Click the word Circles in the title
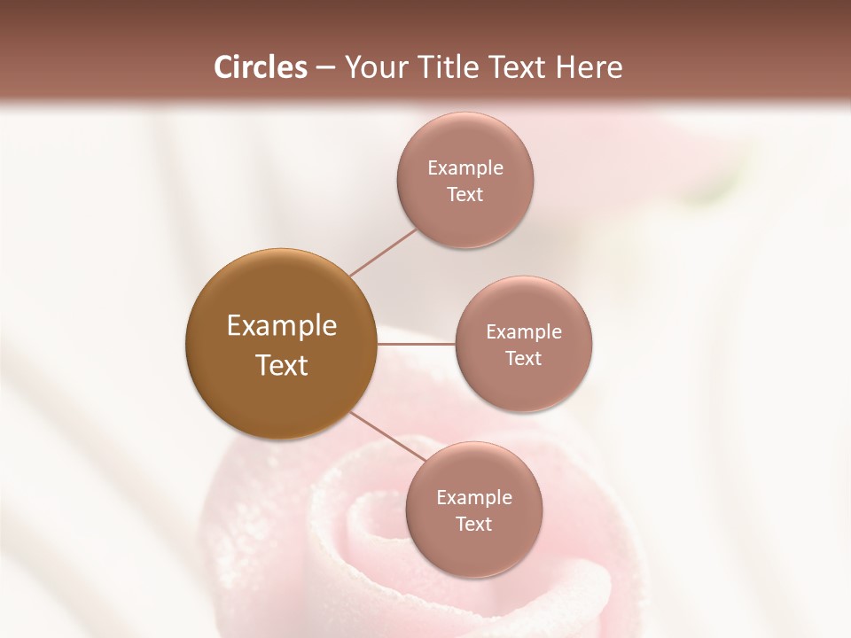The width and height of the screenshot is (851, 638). point(261,67)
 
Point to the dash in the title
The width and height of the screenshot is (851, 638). point(325,68)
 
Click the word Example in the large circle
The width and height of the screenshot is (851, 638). point(282,326)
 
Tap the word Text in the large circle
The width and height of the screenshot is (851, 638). point(282,365)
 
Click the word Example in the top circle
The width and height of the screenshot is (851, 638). point(465,168)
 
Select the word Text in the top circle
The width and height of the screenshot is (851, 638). point(465,194)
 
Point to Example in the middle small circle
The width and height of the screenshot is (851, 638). point(524,332)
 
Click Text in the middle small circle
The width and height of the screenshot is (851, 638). point(524,358)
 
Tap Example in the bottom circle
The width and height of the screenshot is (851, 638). point(474,498)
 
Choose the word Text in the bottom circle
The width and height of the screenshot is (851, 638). point(474,524)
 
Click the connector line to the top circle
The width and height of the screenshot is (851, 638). point(383,253)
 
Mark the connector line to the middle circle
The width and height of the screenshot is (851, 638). point(417,344)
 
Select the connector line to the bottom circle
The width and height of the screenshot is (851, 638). point(387,436)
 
